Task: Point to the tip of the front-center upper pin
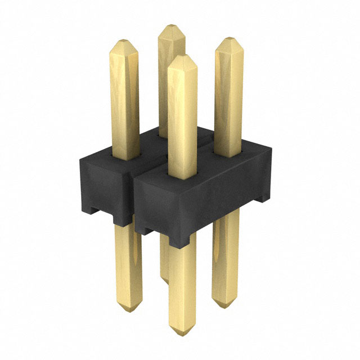181,56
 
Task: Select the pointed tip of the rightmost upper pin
228,40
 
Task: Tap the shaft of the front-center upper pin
182,118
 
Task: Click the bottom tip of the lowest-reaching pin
182,332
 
